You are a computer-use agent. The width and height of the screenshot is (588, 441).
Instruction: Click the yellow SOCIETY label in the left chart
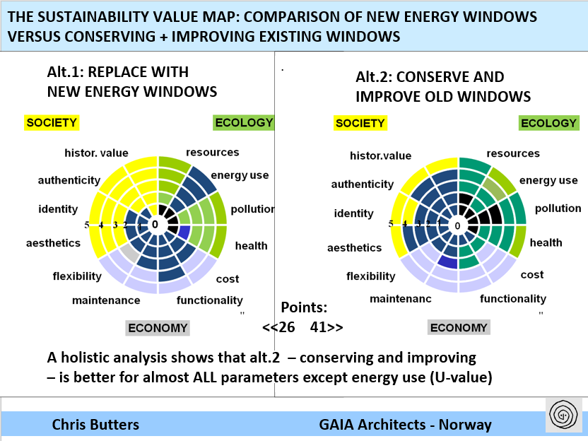point(51,123)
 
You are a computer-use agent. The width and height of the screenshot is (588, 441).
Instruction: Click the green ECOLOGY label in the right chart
point(548,124)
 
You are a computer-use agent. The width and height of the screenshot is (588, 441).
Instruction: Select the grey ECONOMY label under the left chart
point(157,328)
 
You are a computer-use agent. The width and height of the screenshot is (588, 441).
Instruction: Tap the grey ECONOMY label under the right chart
point(459,328)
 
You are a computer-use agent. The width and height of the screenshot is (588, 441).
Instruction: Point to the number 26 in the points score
point(287,327)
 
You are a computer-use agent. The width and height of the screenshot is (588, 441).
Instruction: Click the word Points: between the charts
point(304,307)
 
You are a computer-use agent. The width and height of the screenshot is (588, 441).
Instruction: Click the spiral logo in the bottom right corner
point(563,414)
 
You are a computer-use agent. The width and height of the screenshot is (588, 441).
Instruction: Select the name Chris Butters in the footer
point(95,425)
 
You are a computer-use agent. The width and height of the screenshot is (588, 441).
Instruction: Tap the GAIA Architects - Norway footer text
point(405,425)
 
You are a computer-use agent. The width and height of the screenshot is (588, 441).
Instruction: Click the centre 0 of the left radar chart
point(155,225)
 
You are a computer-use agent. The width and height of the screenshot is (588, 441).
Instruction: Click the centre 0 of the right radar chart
point(457,226)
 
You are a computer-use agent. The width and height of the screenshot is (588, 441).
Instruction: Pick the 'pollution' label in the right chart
point(558,208)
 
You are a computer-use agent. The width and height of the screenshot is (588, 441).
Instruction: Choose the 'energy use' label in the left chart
point(240,175)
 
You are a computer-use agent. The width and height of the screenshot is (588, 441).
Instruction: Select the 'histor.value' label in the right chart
point(380,155)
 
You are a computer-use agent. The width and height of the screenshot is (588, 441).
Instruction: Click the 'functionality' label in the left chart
point(209,300)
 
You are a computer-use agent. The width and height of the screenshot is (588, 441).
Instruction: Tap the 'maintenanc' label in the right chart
point(400,299)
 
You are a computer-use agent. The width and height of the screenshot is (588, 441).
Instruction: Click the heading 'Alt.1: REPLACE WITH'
point(117,73)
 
